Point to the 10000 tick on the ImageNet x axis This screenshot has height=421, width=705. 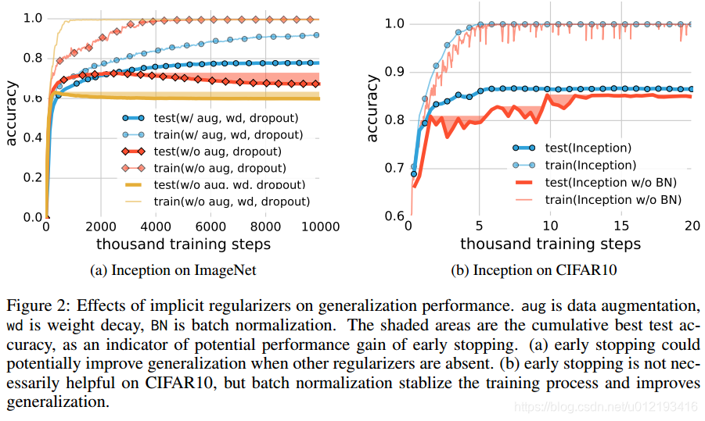320,227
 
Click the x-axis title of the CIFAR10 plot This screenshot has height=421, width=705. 550,244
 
